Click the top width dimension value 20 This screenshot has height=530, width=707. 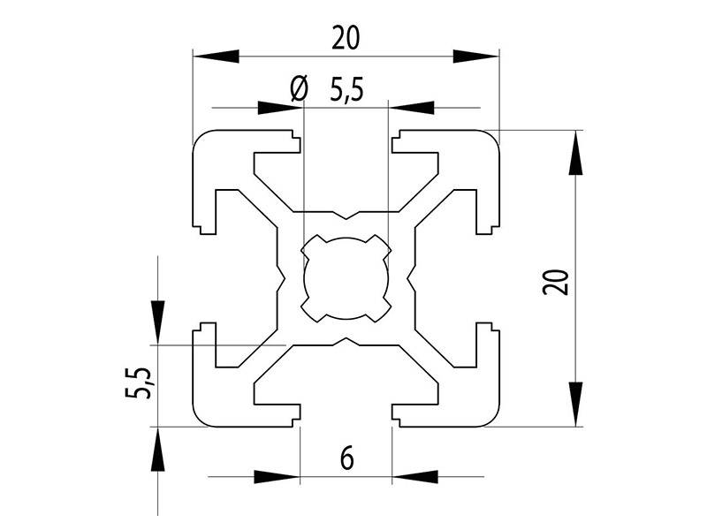click(346, 38)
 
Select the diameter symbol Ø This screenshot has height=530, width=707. click(299, 89)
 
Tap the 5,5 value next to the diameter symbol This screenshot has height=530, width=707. click(346, 90)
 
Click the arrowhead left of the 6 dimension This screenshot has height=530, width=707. click(277, 477)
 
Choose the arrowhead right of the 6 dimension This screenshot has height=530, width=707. click(414, 477)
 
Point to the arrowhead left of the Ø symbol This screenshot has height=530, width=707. click(279, 109)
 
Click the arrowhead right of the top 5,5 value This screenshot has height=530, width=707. click(412, 109)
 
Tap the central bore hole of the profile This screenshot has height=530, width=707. click(346, 278)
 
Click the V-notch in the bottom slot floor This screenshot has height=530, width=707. click(346, 340)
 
